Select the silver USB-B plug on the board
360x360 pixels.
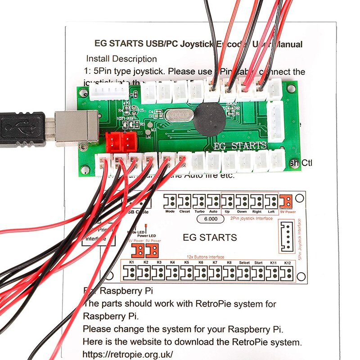[x=74, y=128]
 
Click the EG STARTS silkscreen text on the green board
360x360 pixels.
[x=240, y=146]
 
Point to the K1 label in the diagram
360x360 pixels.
[x=132, y=262]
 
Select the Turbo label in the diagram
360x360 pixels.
[x=199, y=211]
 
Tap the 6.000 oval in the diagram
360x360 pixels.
[x=211, y=219]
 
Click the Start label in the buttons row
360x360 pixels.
[x=259, y=262]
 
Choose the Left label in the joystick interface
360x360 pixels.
[x=271, y=211]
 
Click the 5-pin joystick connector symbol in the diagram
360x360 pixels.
[x=286, y=236]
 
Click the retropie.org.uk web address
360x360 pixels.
[x=128, y=353]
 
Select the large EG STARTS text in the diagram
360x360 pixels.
[x=210, y=237]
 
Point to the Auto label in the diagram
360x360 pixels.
[x=213, y=211]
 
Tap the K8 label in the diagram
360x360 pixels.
[x=229, y=262]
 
